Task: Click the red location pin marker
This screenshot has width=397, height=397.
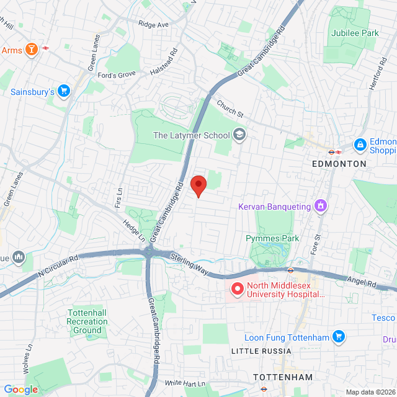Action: click(x=198, y=185)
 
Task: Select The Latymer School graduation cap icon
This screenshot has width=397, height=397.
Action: click(x=239, y=135)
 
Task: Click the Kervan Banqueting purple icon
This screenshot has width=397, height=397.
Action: click(x=320, y=206)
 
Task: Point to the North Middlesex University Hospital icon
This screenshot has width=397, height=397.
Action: click(x=237, y=289)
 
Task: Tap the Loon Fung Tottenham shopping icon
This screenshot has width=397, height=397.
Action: click(x=338, y=337)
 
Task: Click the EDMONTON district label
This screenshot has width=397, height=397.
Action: click(x=339, y=164)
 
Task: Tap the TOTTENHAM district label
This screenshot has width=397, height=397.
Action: click(x=282, y=377)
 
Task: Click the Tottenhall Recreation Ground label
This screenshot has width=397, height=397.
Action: click(x=87, y=321)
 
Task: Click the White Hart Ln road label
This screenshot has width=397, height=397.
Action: click(x=185, y=384)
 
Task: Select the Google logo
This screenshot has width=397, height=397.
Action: click(x=20, y=390)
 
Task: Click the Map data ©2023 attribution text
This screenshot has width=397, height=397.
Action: click(x=370, y=392)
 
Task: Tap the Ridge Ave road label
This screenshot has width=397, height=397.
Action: click(x=153, y=25)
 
